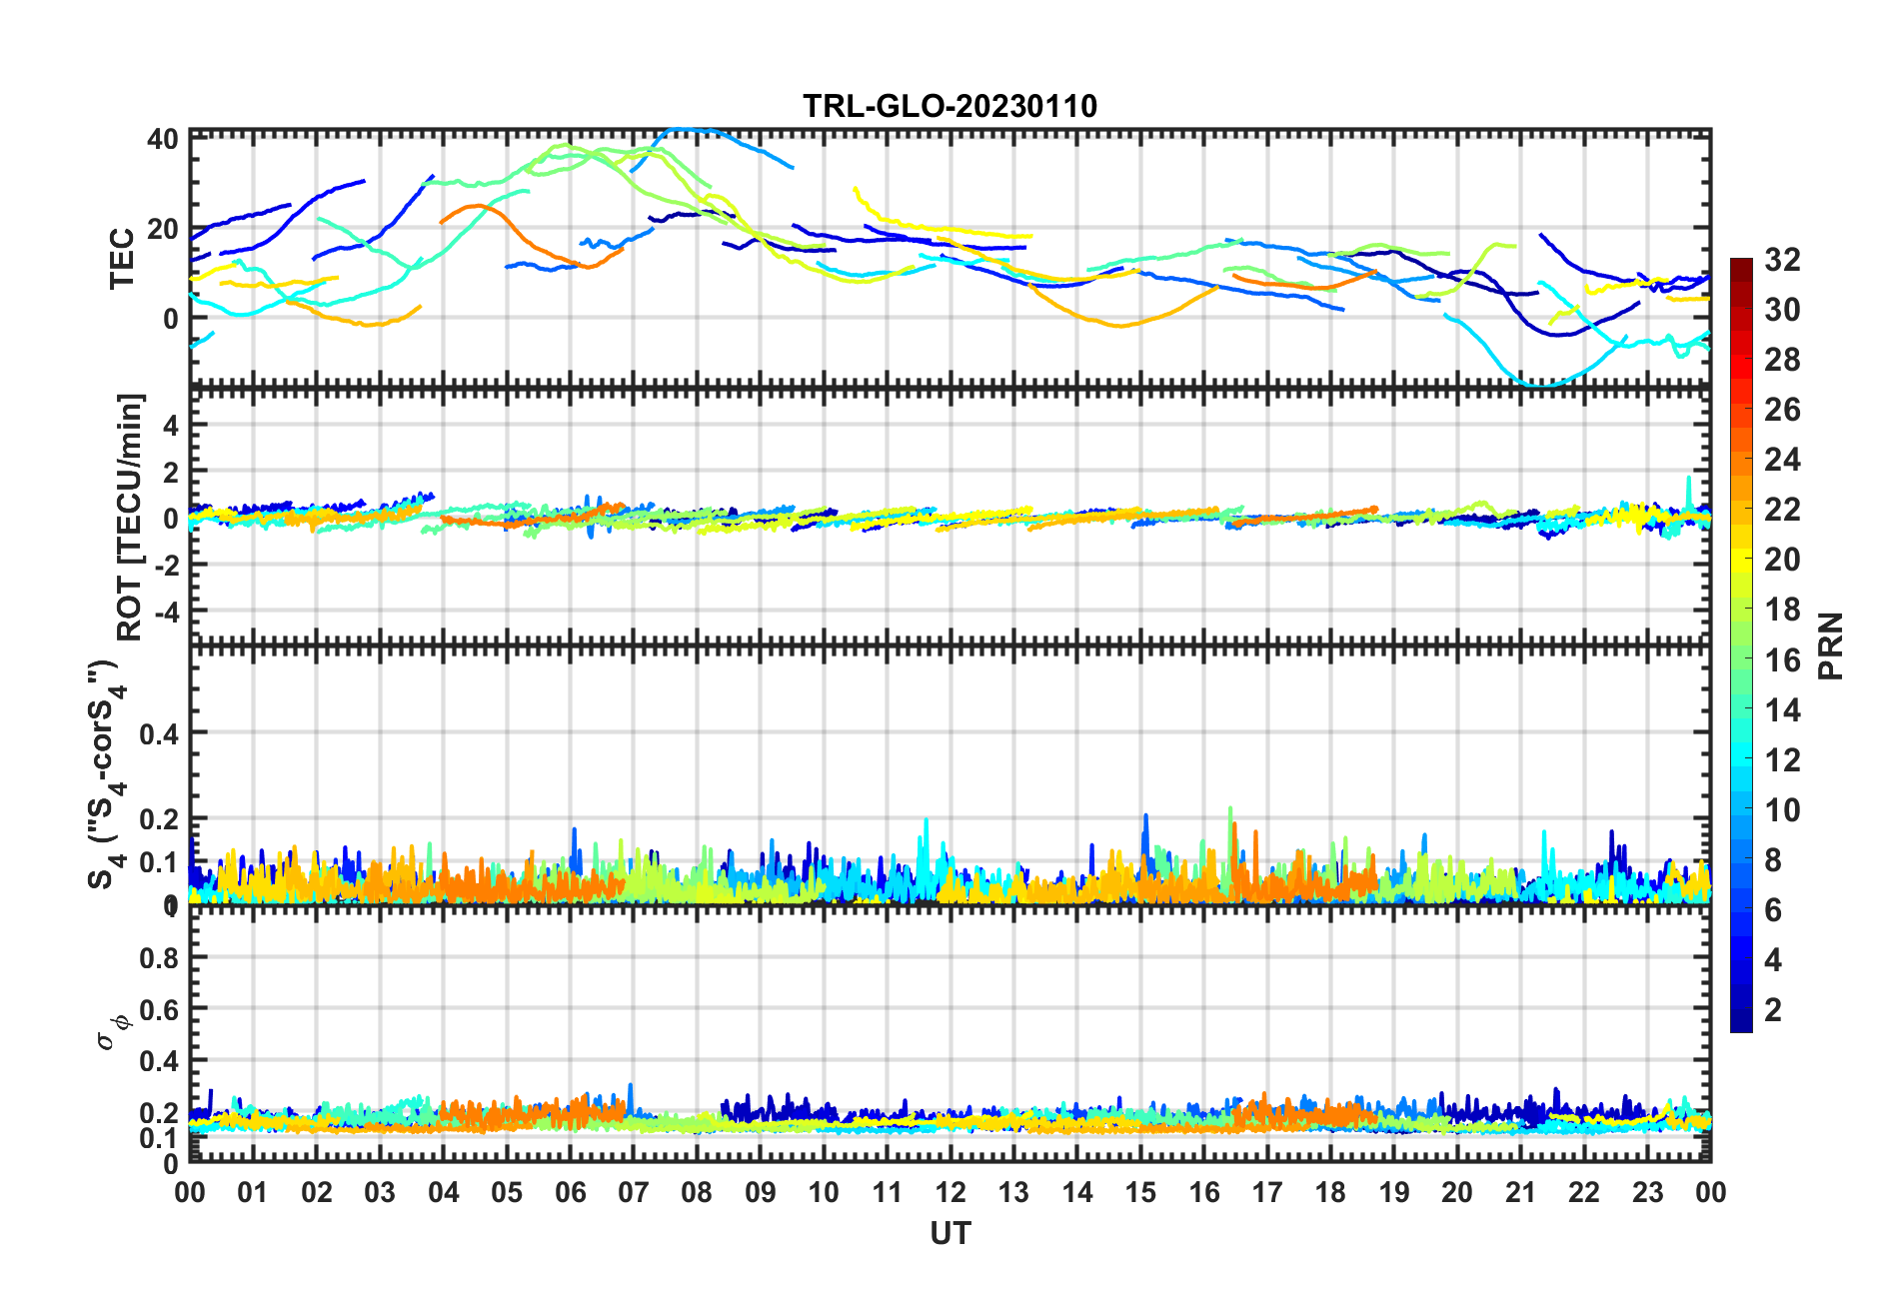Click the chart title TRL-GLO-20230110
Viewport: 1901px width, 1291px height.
pyautogui.click(x=950, y=107)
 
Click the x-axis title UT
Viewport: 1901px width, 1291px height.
pyautogui.click(x=950, y=1234)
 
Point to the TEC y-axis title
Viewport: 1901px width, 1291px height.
pyautogui.click(x=122, y=258)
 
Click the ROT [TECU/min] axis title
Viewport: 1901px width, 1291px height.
pyautogui.click(x=130, y=517)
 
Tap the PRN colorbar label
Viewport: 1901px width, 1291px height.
pyautogui.click(x=1831, y=645)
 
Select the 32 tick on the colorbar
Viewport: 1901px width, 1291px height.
pyautogui.click(x=1781, y=261)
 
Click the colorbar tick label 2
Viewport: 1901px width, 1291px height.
pyautogui.click(x=1773, y=1009)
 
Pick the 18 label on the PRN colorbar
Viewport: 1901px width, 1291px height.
pyautogui.click(x=1781, y=610)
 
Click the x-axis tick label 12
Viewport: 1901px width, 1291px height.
pyautogui.click(x=950, y=1192)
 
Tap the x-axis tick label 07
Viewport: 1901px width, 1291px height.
pyautogui.click(x=634, y=1192)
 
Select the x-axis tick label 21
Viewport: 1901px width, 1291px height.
pyautogui.click(x=1520, y=1192)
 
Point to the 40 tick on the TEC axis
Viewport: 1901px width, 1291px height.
pyautogui.click(x=162, y=139)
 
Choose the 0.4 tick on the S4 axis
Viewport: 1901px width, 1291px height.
pyautogui.click(x=159, y=734)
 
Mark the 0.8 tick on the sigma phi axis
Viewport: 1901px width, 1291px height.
pyautogui.click(x=159, y=957)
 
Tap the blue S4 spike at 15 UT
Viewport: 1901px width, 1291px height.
pyautogui.click(x=1145, y=816)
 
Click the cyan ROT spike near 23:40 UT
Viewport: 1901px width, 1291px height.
pyautogui.click(x=1689, y=479)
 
